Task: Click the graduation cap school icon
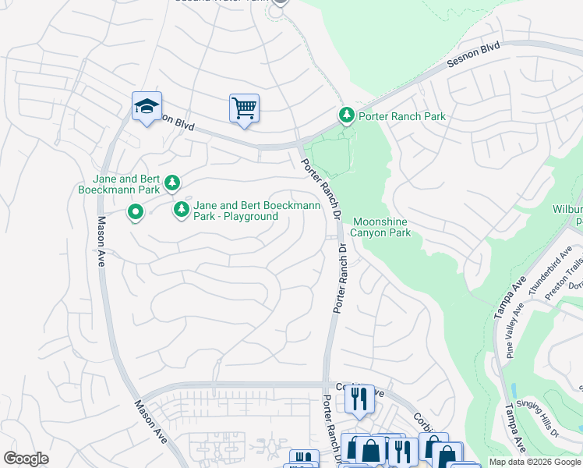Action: pyautogui.click(x=147, y=107)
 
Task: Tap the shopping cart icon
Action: pyautogui.click(x=244, y=108)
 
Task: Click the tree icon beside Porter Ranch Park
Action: pyautogui.click(x=346, y=115)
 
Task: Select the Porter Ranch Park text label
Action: pyautogui.click(x=401, y=116)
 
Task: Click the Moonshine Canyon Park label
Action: pyautogui.click(x=382, y=227)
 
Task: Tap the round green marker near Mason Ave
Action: pyautogui.click(x=136, y=211)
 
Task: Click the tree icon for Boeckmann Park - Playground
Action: pyautogui.click(x=181, y=209)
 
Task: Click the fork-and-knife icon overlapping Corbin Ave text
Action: pyautogui.click(x=359, y=399)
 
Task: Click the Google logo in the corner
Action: pyautogui.click(x=26, y=459)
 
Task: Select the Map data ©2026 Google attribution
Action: pyautogui.click(x=535, y=462)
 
